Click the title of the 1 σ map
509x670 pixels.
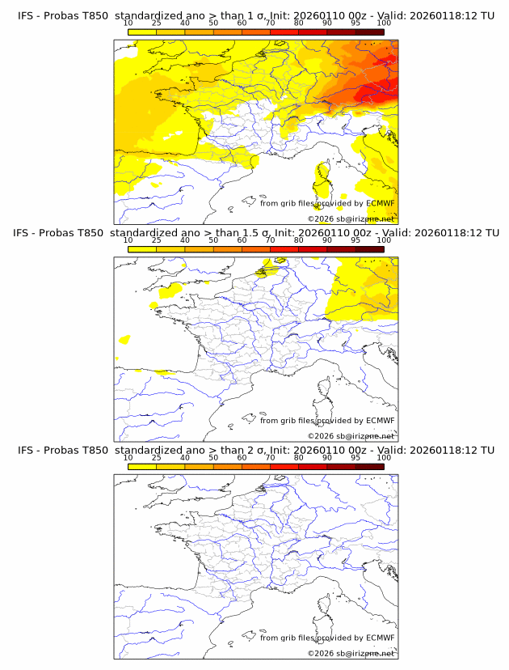(x=255, y=15)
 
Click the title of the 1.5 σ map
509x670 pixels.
(x=255, y=233)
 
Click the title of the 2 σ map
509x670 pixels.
(x=255, y=450)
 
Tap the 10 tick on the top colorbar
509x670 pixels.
(x=128, y=23)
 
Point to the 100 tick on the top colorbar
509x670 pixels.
(x=384, y=23)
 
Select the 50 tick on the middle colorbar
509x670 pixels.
(x=213, y=240)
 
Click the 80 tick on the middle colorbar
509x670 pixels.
(x=299, y=240)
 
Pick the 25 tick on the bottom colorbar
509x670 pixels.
(x=157, y=458)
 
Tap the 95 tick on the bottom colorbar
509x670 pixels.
(x=355, y=458)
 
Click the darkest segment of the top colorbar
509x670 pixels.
(x=369, y=31)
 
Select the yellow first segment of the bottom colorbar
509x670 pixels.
(x=142, y=467)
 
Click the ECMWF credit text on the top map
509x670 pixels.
(x=327, y=203)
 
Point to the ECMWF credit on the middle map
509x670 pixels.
(x=327, y=421)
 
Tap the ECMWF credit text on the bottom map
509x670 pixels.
(x=327, y=638)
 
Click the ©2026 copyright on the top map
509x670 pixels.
(x=351, y=218)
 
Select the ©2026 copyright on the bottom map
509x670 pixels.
(x=351, y=653)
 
